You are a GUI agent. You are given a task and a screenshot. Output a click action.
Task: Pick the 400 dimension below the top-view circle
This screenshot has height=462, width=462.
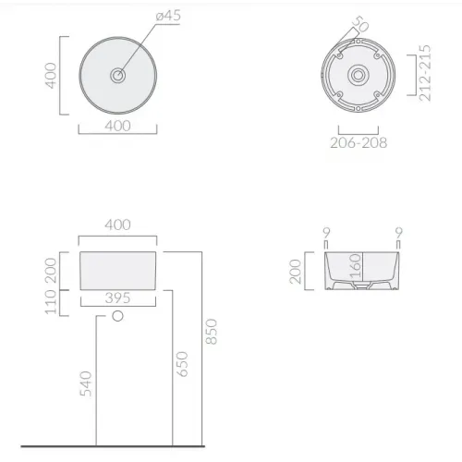pyautogui.click(x=116, y=125)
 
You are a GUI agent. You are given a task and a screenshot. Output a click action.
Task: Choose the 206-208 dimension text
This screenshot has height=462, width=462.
pyautogui.click(x=359, y=142)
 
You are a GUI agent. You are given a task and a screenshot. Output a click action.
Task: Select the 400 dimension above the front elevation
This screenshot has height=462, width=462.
pyautogui.click(x=117, y=225)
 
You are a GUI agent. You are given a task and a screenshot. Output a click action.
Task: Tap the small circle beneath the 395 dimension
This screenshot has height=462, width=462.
pyautogui.click(x=117, y=318)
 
